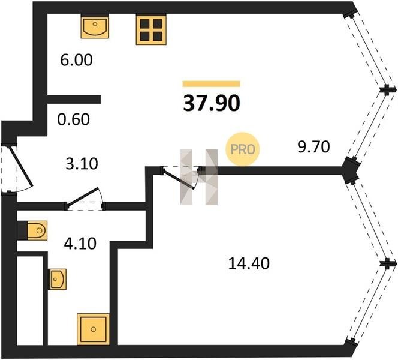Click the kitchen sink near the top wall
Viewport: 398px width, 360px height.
(x=94, y=28)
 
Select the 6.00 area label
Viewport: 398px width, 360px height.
(x=76, y=61)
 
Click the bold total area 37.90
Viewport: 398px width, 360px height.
(x=211, y=103)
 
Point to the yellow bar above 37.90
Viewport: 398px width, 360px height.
(x=211, y=84)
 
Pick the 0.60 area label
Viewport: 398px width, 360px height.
(x=74, y=119)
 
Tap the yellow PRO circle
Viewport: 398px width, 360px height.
(x=242, y=148)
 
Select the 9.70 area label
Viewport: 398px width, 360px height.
(x=314, y=146)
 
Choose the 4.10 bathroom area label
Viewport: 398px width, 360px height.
(x=79, y=244)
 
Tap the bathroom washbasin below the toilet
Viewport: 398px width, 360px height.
(x=57, y=279)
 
